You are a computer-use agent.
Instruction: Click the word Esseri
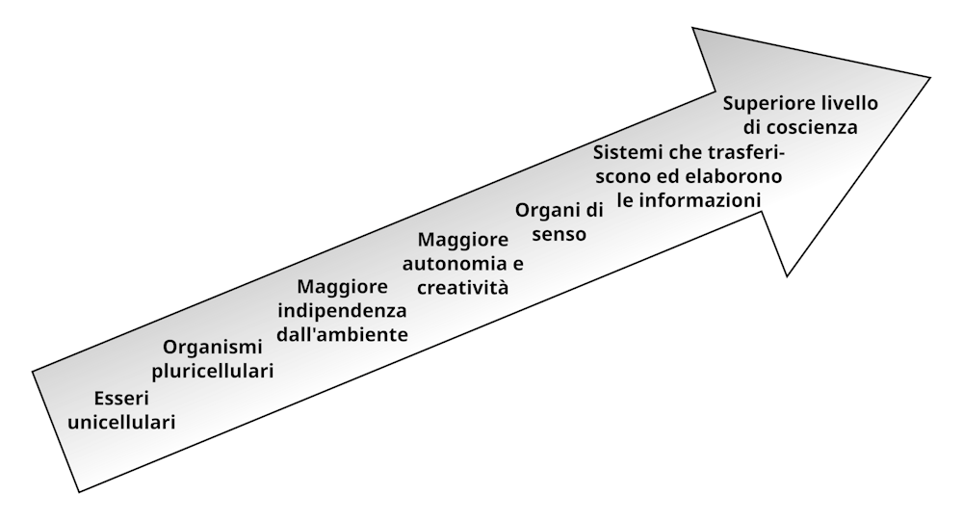tap(121, 399)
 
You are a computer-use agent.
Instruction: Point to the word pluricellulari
tap(213, 371)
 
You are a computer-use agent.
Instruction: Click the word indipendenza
tap(342, 310)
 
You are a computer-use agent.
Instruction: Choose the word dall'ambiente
tap(342, 334)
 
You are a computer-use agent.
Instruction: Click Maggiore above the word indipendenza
tap(342, 286)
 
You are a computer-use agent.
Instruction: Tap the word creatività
tap(462, 286)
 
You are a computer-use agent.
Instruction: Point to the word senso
tap(560, 234)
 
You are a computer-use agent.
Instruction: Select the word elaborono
tap(735, 176)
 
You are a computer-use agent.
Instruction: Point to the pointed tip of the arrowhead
tap(929, 77)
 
